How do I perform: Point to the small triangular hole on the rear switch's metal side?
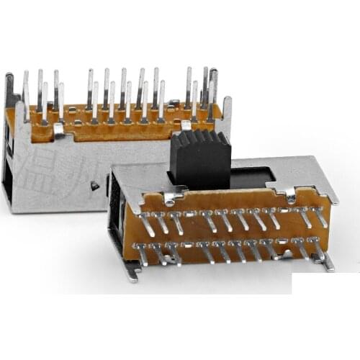pyautogui.click(x=94, y=186)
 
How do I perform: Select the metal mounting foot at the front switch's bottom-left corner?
pyautogui.click(x=131, y=269)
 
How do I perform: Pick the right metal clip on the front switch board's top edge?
pyautogui.click(x=289, y=194)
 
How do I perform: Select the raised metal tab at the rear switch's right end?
pyautogui.click(x=227, y=112)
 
